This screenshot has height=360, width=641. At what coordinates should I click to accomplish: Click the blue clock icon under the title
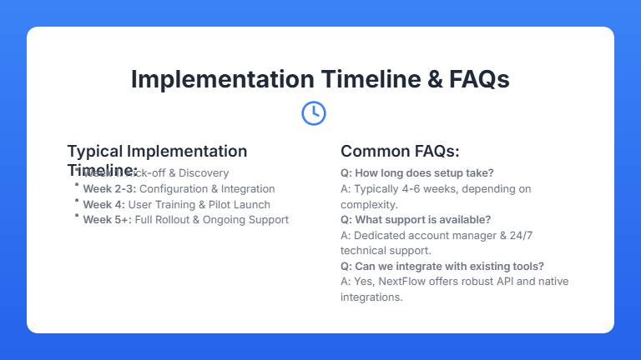click(313, 112)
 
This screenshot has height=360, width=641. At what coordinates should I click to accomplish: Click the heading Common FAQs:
click(400, 151)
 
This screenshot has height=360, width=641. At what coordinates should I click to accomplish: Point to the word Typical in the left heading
click(94, 151)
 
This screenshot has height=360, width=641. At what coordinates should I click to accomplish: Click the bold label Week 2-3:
click(109, 189)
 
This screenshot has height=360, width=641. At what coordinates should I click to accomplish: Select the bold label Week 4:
click(103, 204)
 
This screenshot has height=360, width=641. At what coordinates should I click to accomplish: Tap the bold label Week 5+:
click(107, 220)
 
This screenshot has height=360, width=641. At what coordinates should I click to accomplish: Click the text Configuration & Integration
click(207, 189)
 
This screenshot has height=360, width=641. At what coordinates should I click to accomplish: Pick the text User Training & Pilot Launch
click(199, 204)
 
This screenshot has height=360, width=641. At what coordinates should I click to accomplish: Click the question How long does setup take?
click(416, 173)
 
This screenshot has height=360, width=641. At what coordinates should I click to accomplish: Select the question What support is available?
click(416, 220)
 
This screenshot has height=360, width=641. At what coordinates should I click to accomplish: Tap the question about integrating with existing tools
click(442, 267)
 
